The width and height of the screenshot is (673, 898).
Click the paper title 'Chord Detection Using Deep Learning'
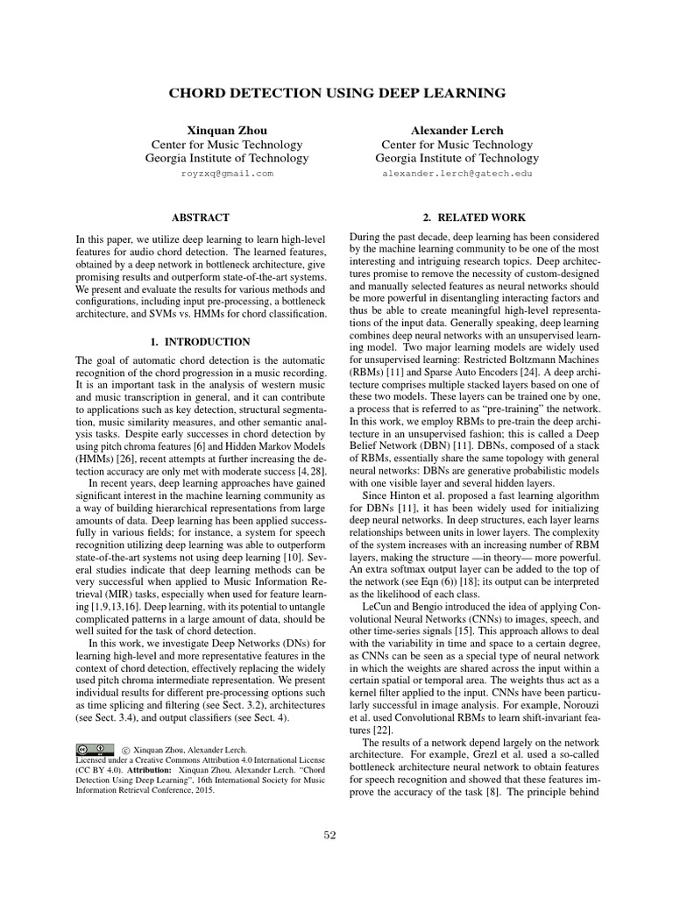[336, 92]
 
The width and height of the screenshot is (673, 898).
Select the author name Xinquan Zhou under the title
[227, 131]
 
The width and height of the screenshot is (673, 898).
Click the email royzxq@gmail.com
[227, 174]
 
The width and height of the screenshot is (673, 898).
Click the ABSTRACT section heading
[202, 217]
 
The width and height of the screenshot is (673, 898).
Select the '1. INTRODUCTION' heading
[202, 341]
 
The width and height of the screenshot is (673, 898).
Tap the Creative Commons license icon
[95, 750]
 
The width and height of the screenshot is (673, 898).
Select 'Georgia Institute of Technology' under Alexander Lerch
[457, 159]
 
